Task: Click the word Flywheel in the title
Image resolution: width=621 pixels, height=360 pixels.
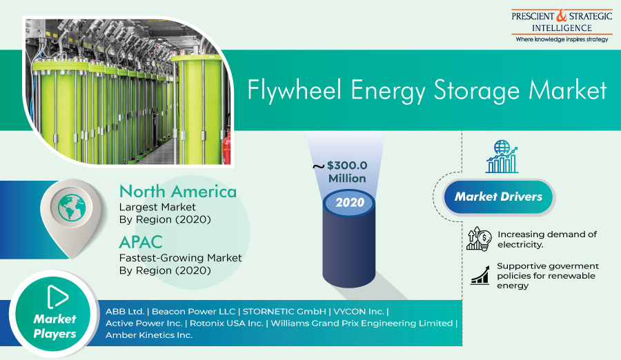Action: [x=294, y=90]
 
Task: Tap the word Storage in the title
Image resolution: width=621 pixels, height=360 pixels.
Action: [x=476, y=90]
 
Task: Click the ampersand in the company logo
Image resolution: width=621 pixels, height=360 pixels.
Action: [x=562, y=16]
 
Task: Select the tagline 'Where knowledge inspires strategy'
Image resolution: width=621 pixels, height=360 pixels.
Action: [x=562, y=39]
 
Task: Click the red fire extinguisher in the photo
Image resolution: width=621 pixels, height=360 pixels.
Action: [x=226, y=146]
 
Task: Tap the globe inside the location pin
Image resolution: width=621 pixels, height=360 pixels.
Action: [x=72, y=208]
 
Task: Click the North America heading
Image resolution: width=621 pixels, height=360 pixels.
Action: [x=178, y=191]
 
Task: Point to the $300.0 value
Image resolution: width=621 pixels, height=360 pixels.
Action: [x=347, y=165]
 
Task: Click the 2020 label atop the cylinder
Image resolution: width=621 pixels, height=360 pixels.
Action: [x=350, y=202]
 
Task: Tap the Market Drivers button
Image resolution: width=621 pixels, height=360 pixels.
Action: [x=499, y=197]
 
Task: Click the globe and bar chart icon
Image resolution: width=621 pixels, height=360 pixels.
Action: [x=502, y=157]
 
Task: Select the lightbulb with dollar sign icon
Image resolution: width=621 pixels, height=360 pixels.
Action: [x=479, y=239]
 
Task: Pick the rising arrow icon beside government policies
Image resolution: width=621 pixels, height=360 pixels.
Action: [x=480, y=275]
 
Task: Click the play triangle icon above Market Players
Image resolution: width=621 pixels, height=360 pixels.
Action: [x=57, y=297]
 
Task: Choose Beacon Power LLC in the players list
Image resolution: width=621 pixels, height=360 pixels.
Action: [x=194, y=311]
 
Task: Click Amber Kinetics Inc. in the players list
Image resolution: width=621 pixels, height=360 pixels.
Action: [x=149, y=335]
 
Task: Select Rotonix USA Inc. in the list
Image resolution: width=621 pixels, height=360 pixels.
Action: [x=226, y=323]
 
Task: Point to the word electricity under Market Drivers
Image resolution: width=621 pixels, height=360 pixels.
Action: [x=520, y=245]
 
